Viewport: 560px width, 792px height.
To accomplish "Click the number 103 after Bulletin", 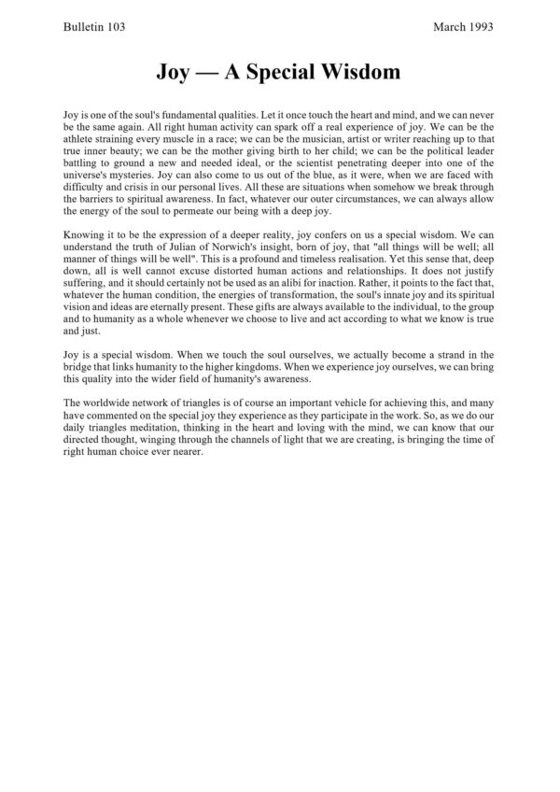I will click(x=112, y=27).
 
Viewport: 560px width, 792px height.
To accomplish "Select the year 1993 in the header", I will click(x=481, y=27).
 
